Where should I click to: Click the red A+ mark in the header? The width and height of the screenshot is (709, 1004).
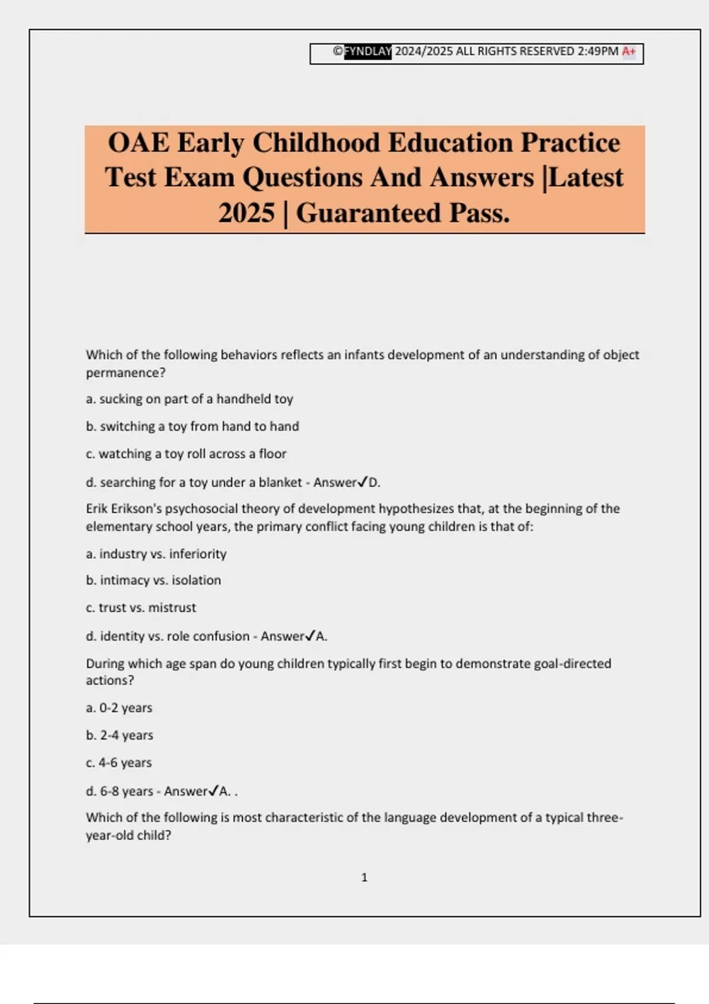coord(629,51)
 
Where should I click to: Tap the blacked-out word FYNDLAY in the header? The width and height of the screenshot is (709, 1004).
coord(367,51)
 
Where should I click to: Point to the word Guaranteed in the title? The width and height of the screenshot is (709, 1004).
coord(369,213)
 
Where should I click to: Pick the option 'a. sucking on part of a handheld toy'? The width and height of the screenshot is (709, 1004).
coord(190,399)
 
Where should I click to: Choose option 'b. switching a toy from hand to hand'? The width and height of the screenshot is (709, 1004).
coord(193,426)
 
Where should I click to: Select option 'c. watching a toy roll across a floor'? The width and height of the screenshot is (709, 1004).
coord(186,454)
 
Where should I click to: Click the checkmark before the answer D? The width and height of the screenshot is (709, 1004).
coord(363,482)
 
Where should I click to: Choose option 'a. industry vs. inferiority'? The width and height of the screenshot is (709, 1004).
coord(156,554)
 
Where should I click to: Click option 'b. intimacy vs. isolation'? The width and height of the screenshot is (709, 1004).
coord(154,581)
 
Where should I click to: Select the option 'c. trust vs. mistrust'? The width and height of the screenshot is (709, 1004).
coord(141,608)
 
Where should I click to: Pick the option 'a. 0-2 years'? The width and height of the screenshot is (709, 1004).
coord(119,708)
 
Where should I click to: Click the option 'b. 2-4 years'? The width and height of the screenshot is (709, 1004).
coord(119,735)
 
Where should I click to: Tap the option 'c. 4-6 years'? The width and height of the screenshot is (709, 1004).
coord(119,763)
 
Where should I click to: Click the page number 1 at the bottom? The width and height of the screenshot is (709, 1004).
coord(365,878)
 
